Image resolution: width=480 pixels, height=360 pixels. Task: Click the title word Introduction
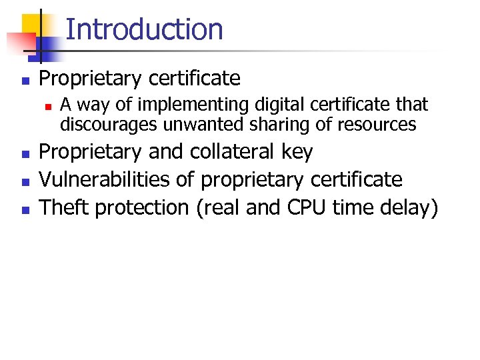[x=145, y=29]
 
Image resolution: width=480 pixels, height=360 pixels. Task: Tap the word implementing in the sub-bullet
[x=163, y=105]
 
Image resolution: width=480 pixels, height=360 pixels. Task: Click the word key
[x=297, y=153]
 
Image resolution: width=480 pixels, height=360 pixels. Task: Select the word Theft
[x=65, y=207]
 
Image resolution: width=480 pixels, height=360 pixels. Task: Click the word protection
[x=143, y=208]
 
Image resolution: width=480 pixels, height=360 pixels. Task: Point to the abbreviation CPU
[x=307, y=207]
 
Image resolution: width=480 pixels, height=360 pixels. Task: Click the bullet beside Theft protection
[x=25, y=209]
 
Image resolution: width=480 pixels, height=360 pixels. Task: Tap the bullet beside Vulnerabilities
[x=25, y=181]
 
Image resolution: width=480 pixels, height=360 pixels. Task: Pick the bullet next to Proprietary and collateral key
[x=25, y=153]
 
